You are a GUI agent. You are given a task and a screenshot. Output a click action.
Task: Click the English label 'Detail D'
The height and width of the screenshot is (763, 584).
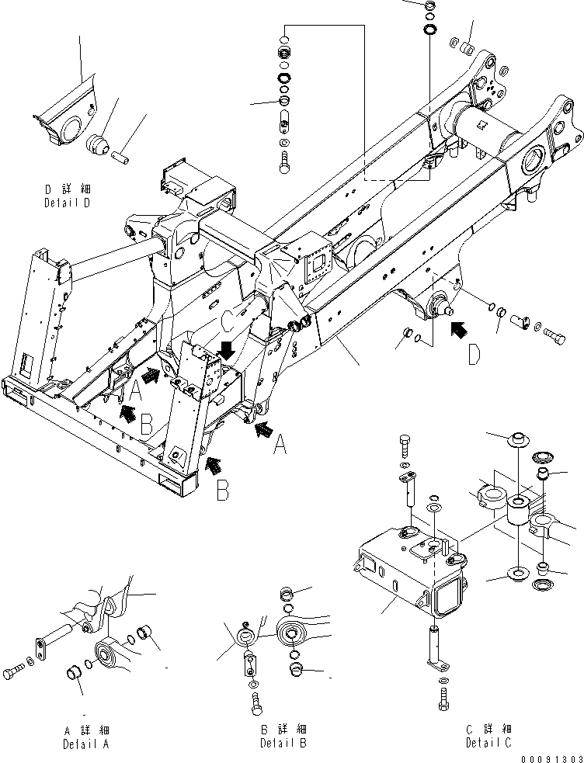78,203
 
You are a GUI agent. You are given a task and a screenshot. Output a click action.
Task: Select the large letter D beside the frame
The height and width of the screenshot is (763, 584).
474,356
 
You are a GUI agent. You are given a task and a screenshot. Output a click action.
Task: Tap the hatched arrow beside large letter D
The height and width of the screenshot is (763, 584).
461,330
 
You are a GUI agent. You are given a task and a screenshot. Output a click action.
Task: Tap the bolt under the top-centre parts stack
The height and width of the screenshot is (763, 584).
283,161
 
